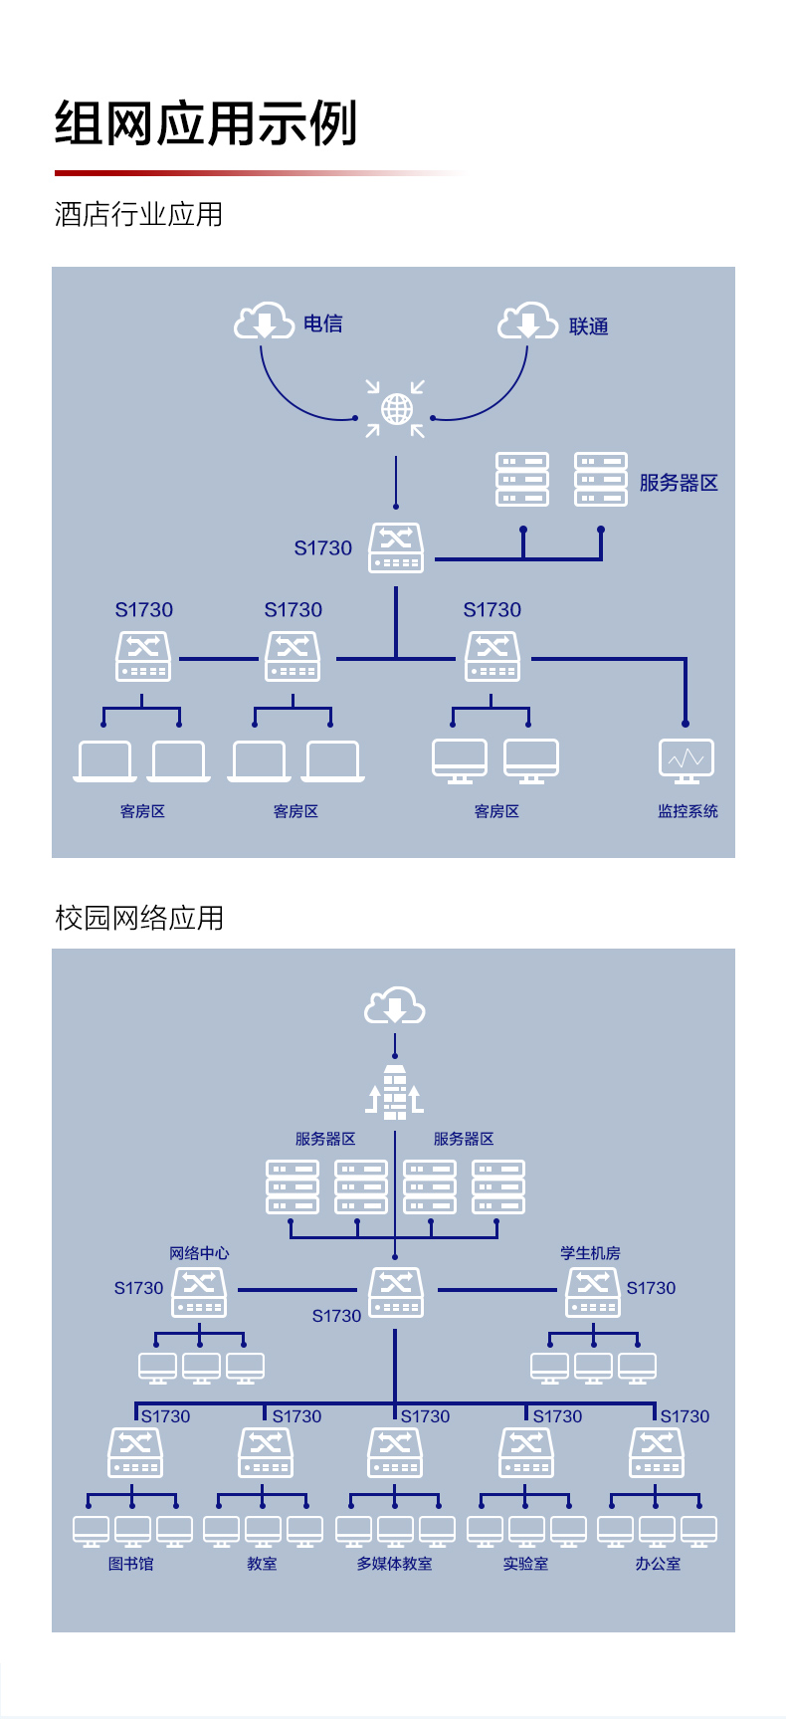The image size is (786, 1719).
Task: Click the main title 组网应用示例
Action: coord(206,123)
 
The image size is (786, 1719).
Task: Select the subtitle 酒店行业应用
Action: coord(139,214)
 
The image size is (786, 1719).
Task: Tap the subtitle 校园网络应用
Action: coord(139,918)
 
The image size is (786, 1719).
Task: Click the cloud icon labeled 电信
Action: coord(264,322)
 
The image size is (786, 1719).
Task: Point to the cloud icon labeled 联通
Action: coord(527,322)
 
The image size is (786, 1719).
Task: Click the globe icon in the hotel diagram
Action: coord(396,408)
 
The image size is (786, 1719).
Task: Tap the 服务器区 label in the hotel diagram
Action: coord(679,483)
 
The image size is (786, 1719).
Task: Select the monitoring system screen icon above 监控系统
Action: coord(687,761)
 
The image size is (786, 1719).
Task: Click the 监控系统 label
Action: coord(688,811)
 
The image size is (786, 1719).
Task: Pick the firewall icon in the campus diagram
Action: coord(395,1092)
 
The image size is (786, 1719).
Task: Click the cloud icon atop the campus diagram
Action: coord(395,1006)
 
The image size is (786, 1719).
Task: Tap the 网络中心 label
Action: coord(199,1253)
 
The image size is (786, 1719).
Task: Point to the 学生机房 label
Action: coord(590,1253)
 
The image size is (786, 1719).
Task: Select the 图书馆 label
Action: coord(131,1564)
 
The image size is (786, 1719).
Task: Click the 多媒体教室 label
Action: coord(395,1564)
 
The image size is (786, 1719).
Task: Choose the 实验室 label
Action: coord(525,1564)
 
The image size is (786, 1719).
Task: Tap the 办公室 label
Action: coord(658,1564)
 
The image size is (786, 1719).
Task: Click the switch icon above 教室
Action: coord(266,1452)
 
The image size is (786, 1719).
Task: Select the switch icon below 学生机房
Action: coord(593,1292)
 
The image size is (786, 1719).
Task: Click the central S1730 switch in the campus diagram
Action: coord(396,1292)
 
